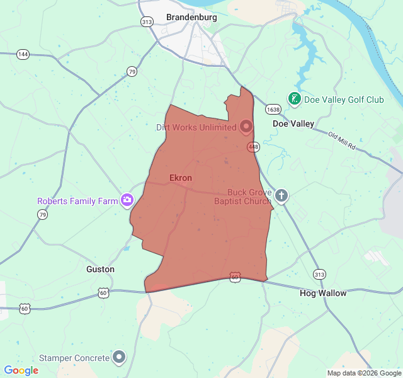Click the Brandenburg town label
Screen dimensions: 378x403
click(191, 18)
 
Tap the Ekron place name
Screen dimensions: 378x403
click(181, 178)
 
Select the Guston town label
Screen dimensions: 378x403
click(100, 269)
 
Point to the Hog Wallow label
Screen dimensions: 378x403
click(323, 293)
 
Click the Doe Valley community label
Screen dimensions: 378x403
click(293, 124)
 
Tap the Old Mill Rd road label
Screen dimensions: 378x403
click(342, 140)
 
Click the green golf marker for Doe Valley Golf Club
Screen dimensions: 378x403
click(294, 99)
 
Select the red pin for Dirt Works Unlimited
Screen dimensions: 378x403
click(246, 126)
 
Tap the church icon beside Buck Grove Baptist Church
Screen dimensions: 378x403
click(281, 195)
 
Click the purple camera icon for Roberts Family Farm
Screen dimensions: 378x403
click(127, 200)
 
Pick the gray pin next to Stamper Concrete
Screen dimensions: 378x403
click(119, 357)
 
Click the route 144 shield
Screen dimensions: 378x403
click(23, 55)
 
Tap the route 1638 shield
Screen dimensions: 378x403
click(273, 110)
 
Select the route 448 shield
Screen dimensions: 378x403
click(253, 147)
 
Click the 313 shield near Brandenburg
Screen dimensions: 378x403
click(147, 21)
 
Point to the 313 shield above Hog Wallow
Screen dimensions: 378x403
click(320, 275)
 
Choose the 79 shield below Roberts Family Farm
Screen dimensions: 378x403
click(42, 215)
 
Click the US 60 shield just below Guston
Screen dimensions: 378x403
click(103, 292)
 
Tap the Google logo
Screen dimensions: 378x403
click(21, 370)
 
